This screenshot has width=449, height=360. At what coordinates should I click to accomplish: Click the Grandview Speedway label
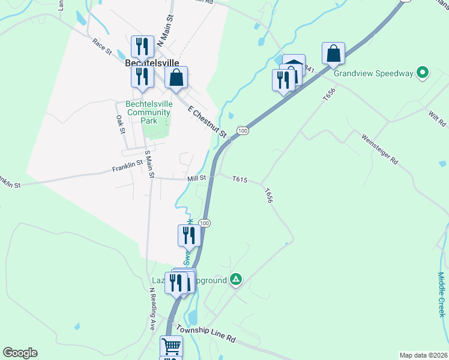[x=373, y=74]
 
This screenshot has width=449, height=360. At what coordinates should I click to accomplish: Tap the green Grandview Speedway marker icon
[x=423, y=73]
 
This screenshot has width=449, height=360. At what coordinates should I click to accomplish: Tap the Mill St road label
[x=196, y=178]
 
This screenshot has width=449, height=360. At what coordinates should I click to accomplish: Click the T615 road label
[x=240, y=179]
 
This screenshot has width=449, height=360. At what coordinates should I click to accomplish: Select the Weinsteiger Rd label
[x=380, y=149]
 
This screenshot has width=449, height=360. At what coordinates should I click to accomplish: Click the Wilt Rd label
[x=438, y=118]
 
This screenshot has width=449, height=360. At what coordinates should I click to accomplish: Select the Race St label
[x=102, y=46]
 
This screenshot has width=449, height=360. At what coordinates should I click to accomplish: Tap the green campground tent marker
[x=237, y=279]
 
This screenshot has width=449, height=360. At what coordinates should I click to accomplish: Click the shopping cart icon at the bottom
[x=171, y=346]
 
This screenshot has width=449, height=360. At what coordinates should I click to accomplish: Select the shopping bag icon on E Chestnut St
[x=176, y=77]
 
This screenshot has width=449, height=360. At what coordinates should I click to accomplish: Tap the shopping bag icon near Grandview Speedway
[x=333, y=53]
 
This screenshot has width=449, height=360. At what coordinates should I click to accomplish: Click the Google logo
[x=20, y=353]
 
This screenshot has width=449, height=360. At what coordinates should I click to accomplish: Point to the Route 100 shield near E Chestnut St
[x=242, y=131]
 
